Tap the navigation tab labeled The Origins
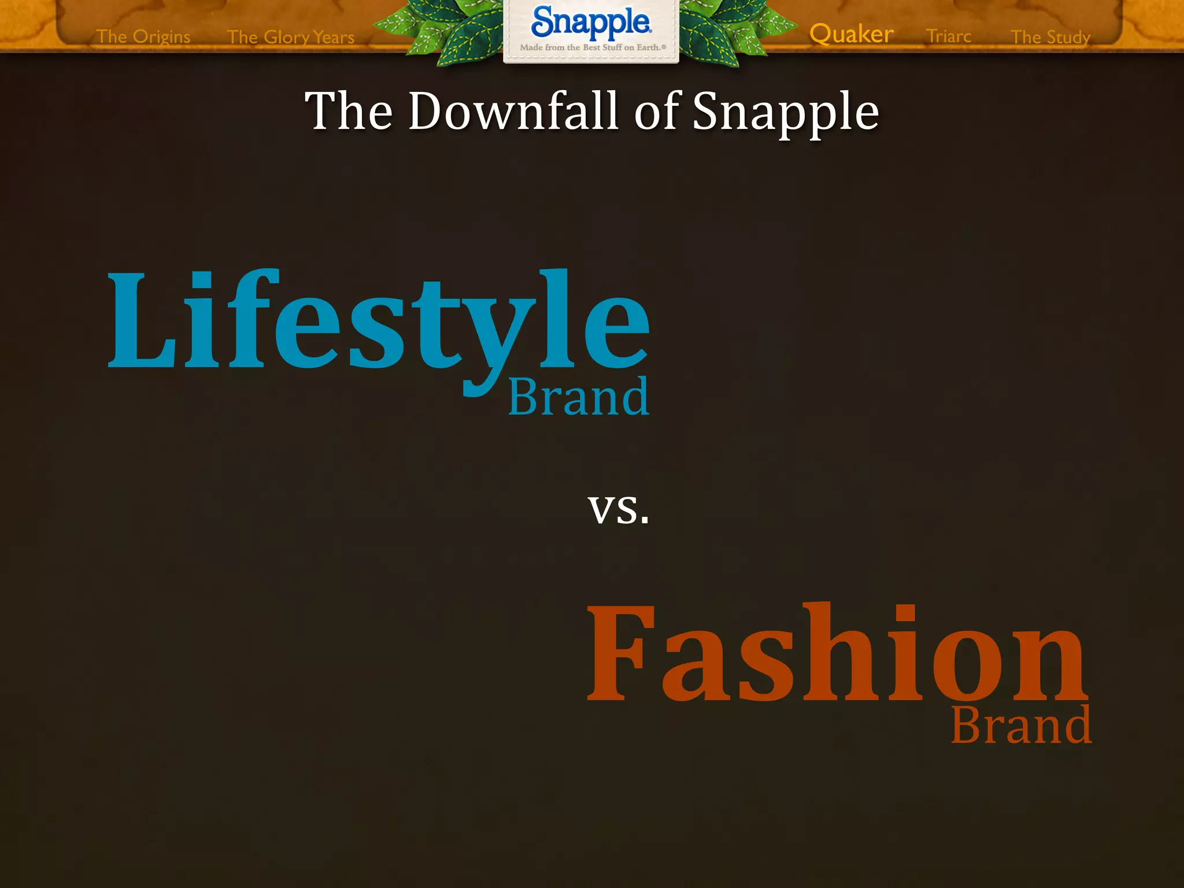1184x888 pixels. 143,36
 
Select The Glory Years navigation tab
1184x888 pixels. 291,37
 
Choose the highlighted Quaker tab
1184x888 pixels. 851,34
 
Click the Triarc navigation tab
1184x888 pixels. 948,36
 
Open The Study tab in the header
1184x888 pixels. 1050,37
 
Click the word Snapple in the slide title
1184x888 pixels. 785,112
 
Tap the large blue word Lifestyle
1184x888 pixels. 379,321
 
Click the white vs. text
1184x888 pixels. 618,509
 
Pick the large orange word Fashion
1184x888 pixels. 837,653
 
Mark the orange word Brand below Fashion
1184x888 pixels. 1021,725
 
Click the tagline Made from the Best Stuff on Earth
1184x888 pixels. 592,47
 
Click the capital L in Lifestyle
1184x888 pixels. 142,321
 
